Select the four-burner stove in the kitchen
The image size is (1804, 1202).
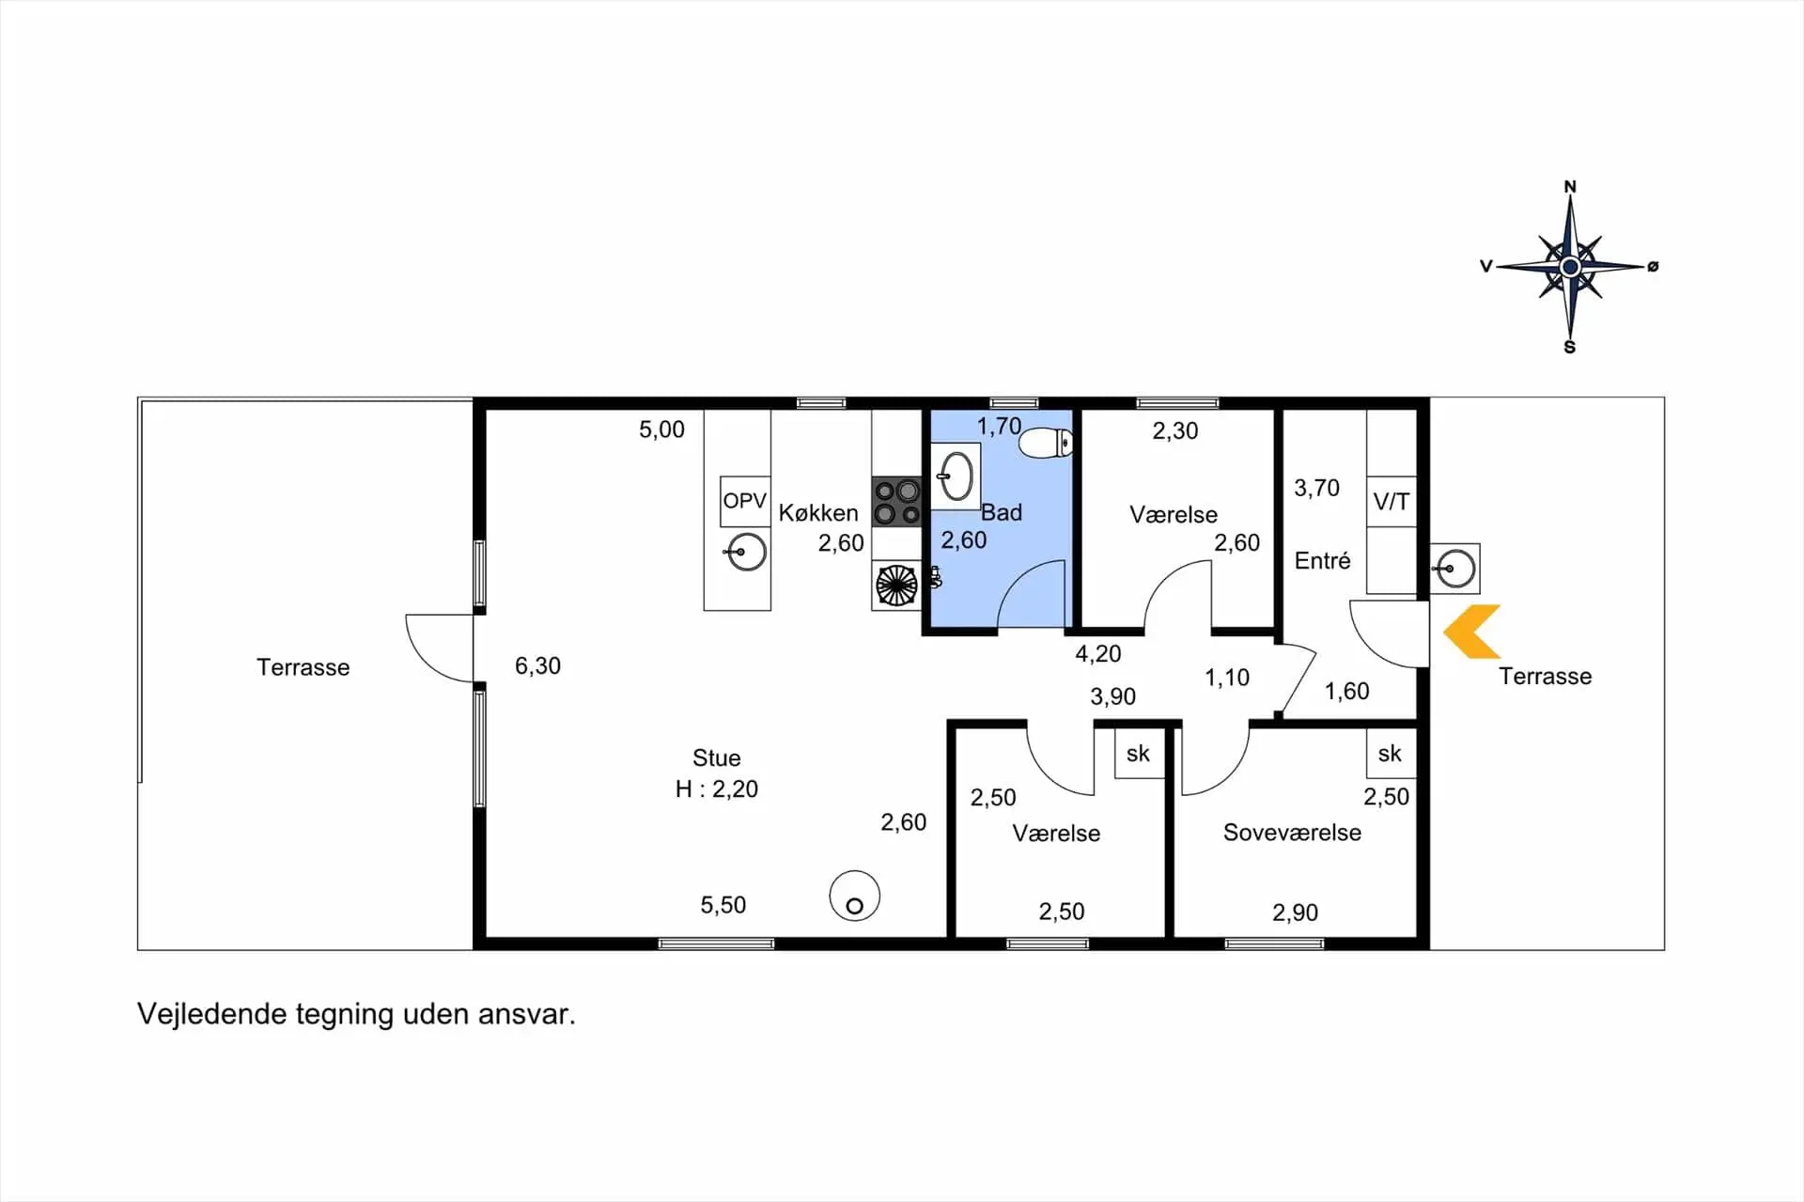pyautogui.click(x=897, y=501)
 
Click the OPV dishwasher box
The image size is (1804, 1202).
pyautogui.click(x=745, y=501)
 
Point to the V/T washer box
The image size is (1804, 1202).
pyautogui.click(x=1392, y=502)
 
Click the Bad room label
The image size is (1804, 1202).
pyautogui.click(x=1002, y=512)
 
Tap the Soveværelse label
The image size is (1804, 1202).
pyautogui.click(x=1292, y=833)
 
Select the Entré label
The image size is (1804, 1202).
pyautogui.click(x=1322, y=561)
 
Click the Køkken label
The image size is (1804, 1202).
pyautogui.click(x=818, y=513)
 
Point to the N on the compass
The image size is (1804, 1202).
pyautogui.click(x=1570, y=187)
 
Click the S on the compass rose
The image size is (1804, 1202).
pyautogui.click(x=1569, y=348)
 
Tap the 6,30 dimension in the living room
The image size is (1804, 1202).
pyautogui.click(x=537, y=666)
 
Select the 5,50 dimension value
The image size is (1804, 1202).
pyautogui.click(x=723, y=905)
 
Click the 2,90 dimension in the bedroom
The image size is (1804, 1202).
pyautogui.click(x=1295, y=913)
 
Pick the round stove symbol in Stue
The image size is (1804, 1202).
pyautogui.click(x=854, y=896)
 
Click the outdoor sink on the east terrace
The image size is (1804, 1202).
pyautogui.click(x=1455, y=569)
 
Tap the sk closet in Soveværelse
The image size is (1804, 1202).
pyautogui.click(x=1391, y=753)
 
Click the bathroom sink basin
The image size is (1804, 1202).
pyautogui.click(x=956, y=476)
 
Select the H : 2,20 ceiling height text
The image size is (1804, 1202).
pyautogui.click(x=717, y=789)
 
